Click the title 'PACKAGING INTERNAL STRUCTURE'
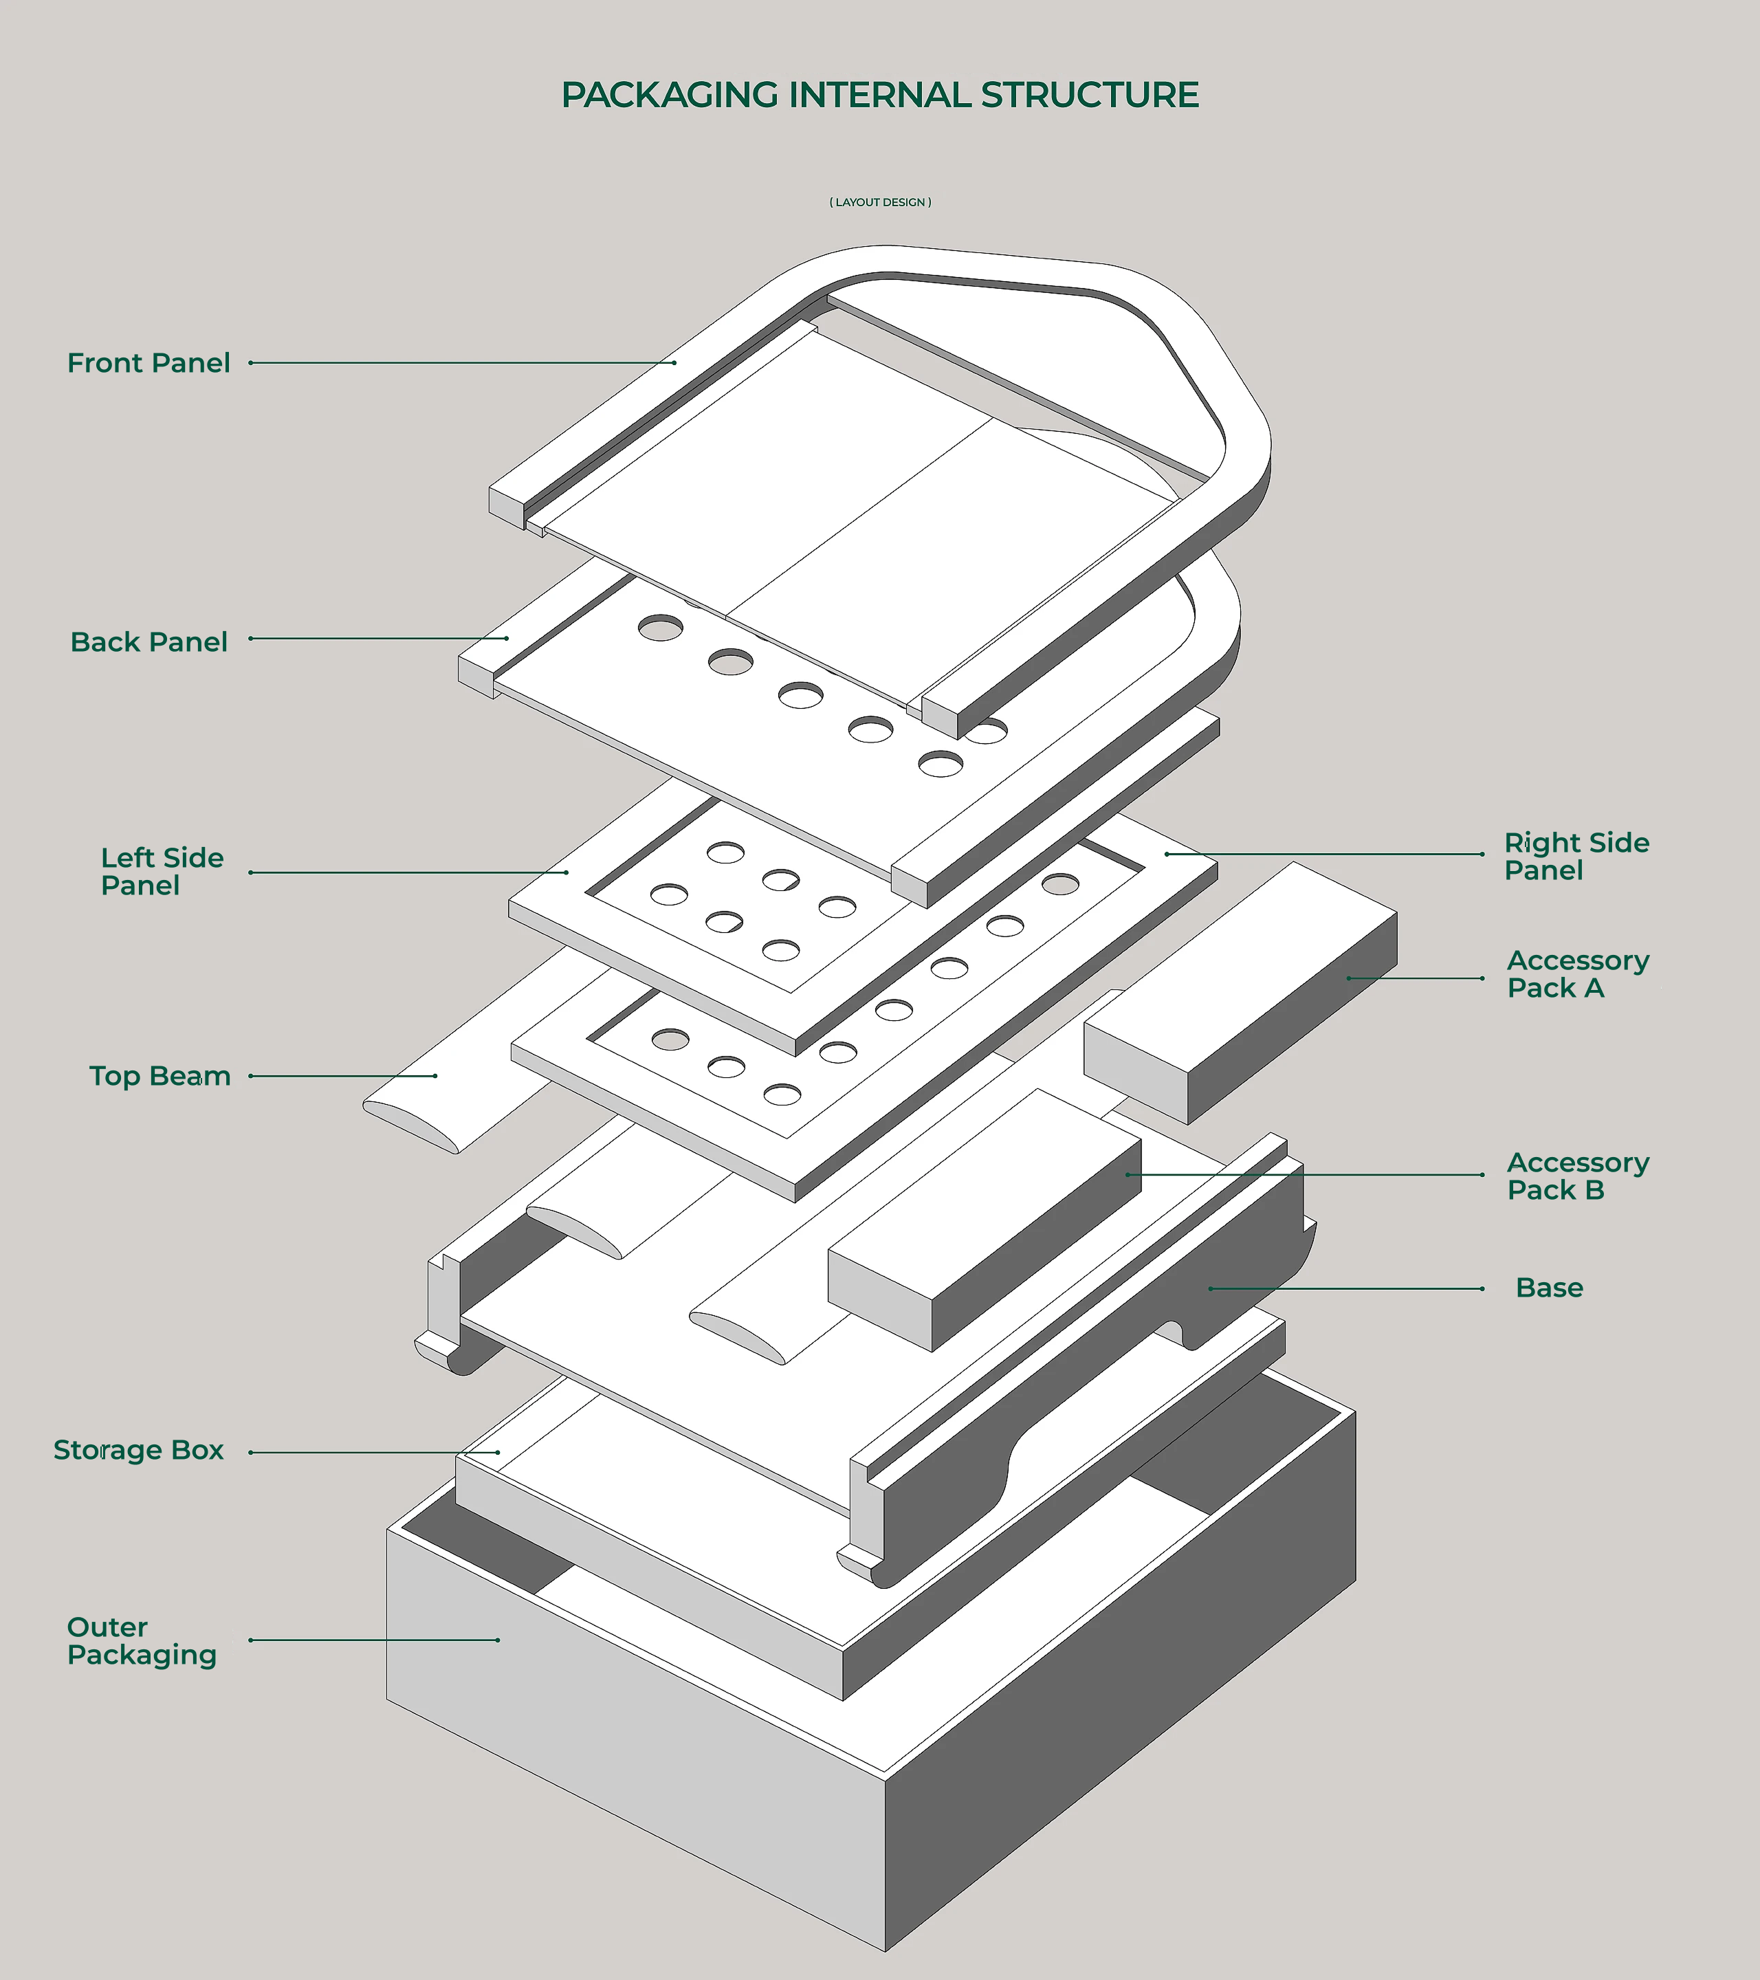[879, 95]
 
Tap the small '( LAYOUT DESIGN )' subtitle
[879, 202]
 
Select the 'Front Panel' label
[148, 363]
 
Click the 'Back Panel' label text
[148, 642]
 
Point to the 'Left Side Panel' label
[161, 872]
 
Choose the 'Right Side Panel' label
[1576, 857]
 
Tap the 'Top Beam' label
[159, 1076]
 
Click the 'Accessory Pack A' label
[1577, 974]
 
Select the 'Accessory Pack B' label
[1577, 1176]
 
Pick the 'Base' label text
[1549, 1288]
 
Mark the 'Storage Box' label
[138, 1450]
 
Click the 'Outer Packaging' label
[142, 1641]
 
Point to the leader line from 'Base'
[1346, 1289]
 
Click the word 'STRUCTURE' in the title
[1090, 95]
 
